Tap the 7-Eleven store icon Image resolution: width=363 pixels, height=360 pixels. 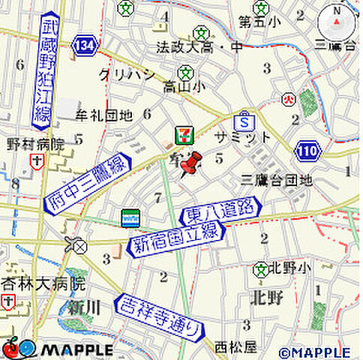pyautogui.click(x=183, y=136)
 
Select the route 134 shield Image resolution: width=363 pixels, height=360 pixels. pyautogui.click(x=84, y=46)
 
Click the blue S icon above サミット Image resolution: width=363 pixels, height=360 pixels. pyautogui.click(x=243, y=119)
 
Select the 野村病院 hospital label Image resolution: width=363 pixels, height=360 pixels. pyautogui.click(x=35, y=142)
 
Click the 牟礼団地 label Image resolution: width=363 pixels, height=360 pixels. pyautogui.click(x=105, y=115)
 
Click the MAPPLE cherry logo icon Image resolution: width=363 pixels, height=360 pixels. pyautogui.click(x=11, y=348)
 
